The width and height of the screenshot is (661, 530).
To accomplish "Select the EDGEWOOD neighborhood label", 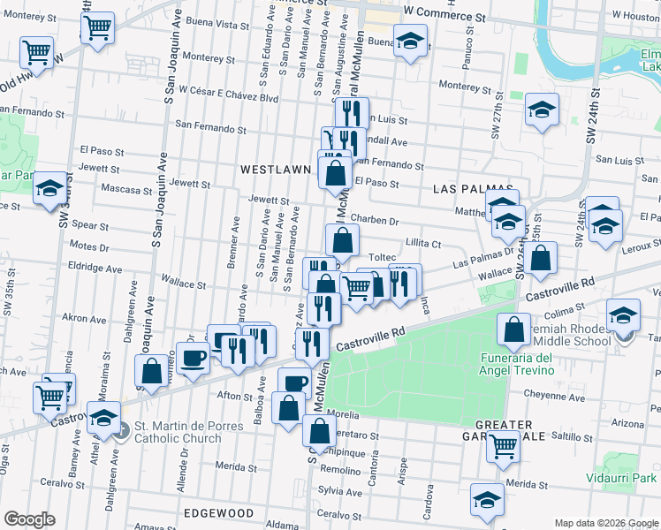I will pyautogui.click(x=217, y=512).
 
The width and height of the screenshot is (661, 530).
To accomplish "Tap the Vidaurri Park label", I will pyautogui.click(x=617, y=478).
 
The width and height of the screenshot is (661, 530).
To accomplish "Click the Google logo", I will pyautogui.click(x=29, y=519).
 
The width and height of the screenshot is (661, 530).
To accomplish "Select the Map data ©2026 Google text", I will pyautogui.click(x=605, y=523).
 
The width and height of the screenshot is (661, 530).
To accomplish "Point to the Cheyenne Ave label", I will pyautogui.click(x=553, y=397).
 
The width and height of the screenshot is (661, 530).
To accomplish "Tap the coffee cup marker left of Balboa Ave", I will pyautogui.click(x=193, y=358).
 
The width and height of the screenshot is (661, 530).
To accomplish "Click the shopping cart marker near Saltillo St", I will pyautogui.click(x=504, y=447).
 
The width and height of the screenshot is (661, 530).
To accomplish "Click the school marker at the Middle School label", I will pyautogui.click(x=623, y=315).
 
